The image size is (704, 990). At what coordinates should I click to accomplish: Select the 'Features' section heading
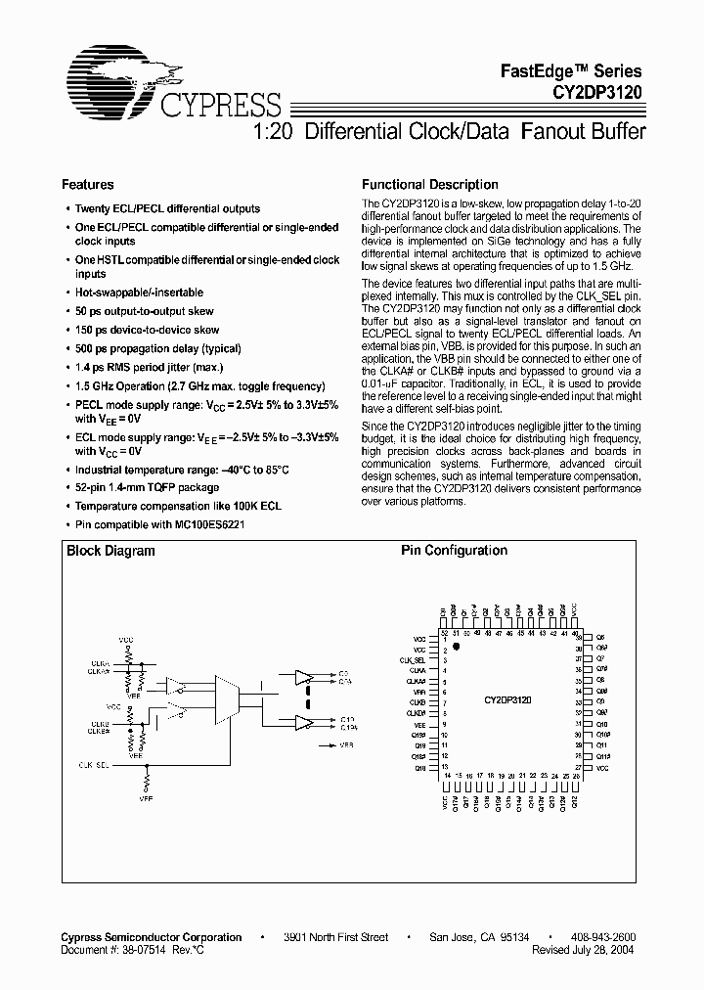[88, 184]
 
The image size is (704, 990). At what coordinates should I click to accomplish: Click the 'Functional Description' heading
[430, 184]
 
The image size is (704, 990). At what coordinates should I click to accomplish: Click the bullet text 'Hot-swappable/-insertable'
[140, 292]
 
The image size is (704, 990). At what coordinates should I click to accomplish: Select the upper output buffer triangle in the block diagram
[303, 677]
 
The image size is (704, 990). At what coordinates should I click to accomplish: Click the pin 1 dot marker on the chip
[456, 647]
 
